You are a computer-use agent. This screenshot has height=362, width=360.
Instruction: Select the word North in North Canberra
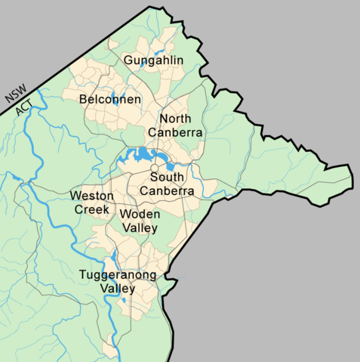click(175, 119)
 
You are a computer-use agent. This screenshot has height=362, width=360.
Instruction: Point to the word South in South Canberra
click(168, 177)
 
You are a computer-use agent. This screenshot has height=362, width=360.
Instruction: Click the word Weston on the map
click(92, 196)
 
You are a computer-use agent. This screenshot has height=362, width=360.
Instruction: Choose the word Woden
click(140, 214)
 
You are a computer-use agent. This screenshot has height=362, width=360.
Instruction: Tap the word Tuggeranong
click(117, 275)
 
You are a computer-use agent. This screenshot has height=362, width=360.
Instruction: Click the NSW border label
click(14, 91)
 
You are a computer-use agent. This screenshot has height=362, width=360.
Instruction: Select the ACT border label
click(23, 104)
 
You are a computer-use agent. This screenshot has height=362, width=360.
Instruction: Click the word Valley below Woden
click(140, 227)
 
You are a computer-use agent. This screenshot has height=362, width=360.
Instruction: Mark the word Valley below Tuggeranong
click(116, 289)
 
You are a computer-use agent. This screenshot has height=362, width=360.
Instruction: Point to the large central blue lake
click(140, 157)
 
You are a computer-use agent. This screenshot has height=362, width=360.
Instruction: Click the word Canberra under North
click(176, 132)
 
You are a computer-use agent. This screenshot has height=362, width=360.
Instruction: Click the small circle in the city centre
click(153, 168)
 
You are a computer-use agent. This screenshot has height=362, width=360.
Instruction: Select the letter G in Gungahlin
click(128, 60)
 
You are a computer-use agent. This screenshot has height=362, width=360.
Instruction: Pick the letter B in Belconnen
click(83, 99)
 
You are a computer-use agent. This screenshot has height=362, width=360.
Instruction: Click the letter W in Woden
click(125, 214)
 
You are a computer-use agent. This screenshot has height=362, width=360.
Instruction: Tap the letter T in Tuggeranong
click(82, 274)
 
